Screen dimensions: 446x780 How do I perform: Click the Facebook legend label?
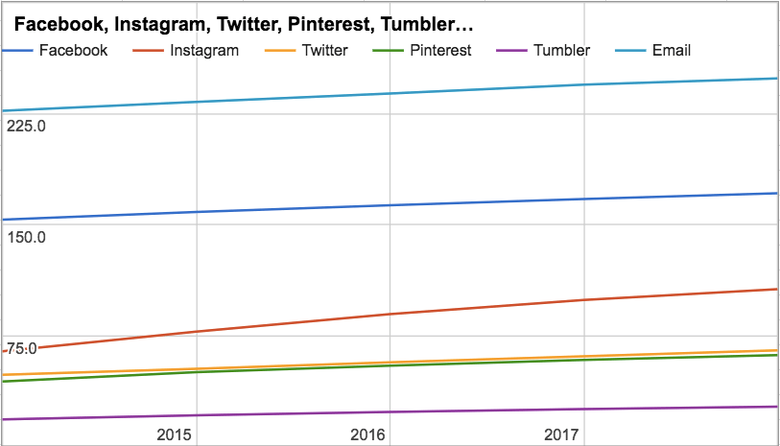[x=73, y=50]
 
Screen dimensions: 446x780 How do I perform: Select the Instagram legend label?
[x=203, y=50]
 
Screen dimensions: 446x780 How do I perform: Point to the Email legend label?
[x=671, y=50]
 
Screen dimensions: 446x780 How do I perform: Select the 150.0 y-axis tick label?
[x=26, y=237]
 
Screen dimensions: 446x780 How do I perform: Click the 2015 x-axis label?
[x=175, y=434]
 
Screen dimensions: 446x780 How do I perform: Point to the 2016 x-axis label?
[x=368, y=434]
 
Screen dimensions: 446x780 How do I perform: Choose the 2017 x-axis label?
[x=562, y=434]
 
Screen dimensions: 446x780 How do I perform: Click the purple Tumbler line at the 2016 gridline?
[x=390, y=411]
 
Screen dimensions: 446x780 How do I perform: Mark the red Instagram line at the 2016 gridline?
[x=390, y=314]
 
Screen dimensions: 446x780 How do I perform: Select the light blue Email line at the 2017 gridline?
[x=583, y=84]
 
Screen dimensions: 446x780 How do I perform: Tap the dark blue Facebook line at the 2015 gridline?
[x=196, y=212]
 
